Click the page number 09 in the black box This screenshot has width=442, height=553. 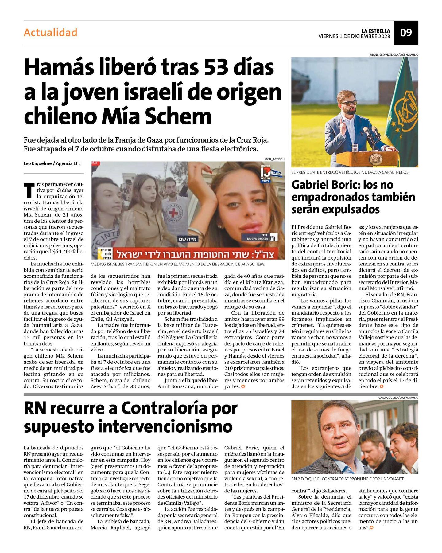[x=406, y=33]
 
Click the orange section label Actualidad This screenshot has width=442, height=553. [x=50, y=33]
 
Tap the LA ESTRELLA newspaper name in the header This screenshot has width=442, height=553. [x=375, y=31]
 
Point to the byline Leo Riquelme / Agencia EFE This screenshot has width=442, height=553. [x=52, y=163]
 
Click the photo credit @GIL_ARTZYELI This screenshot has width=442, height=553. [x=274, y=159]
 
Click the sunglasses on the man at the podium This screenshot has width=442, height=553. [x=350, y=103]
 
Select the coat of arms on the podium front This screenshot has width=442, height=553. [x=374, y=159]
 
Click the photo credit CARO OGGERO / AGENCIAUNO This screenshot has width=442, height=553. [x=398, y=398]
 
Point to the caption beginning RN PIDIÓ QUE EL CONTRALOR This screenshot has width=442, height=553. [x=348, y=479]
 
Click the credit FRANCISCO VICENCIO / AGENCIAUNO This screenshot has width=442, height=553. [x=394, y=55]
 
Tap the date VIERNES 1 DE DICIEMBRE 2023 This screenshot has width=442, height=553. [x=354, y=37]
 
